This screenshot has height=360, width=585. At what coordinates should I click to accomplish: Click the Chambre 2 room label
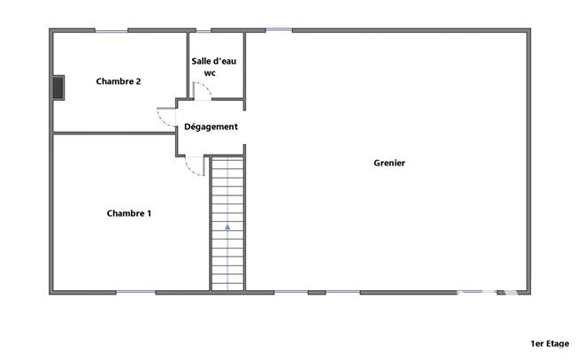119,81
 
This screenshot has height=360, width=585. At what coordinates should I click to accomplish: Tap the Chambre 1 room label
129,213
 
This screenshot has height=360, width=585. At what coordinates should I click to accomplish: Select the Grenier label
389,163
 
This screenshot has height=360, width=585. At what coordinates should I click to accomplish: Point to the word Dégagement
211,126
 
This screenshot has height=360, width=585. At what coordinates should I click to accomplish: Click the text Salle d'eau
212,61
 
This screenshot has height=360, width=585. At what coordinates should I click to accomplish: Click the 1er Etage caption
549,344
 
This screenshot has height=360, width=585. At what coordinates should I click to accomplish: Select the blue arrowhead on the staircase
227,227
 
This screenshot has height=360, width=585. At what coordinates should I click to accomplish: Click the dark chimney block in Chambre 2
58,87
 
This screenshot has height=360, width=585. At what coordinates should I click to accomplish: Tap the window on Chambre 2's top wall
112,31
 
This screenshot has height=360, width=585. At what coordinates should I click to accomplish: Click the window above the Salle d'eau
204,31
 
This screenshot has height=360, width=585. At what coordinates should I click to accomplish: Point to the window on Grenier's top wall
279,31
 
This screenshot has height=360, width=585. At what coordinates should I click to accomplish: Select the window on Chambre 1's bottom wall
135,292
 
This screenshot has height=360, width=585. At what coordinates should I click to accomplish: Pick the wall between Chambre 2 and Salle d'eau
188,62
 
